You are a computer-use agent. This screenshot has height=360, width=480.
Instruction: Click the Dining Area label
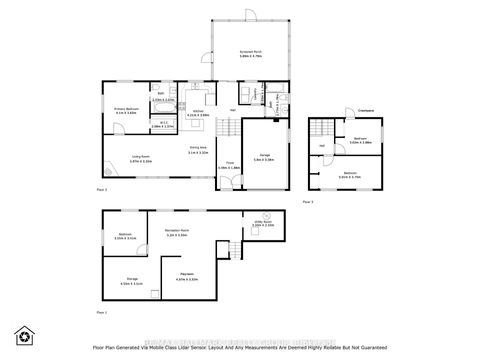point(199,150)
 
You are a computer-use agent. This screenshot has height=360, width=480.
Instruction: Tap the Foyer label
point(229,163)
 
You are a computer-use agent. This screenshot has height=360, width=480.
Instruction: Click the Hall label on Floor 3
point(321,147)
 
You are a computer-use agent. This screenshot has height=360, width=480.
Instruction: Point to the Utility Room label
point(262,225)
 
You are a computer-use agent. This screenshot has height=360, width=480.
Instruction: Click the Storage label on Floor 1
point(131,281)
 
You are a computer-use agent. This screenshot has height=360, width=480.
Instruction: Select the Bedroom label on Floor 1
point(125,236)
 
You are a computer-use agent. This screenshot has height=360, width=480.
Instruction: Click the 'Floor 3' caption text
point(308,201)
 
